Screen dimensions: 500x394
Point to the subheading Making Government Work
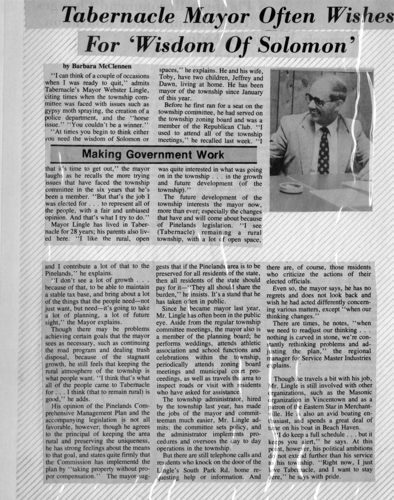coord(153,155)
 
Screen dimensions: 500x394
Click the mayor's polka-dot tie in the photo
coord(323,150)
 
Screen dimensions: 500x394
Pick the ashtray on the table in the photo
coord(291,187)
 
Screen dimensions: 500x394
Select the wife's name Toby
coord(168,78)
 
